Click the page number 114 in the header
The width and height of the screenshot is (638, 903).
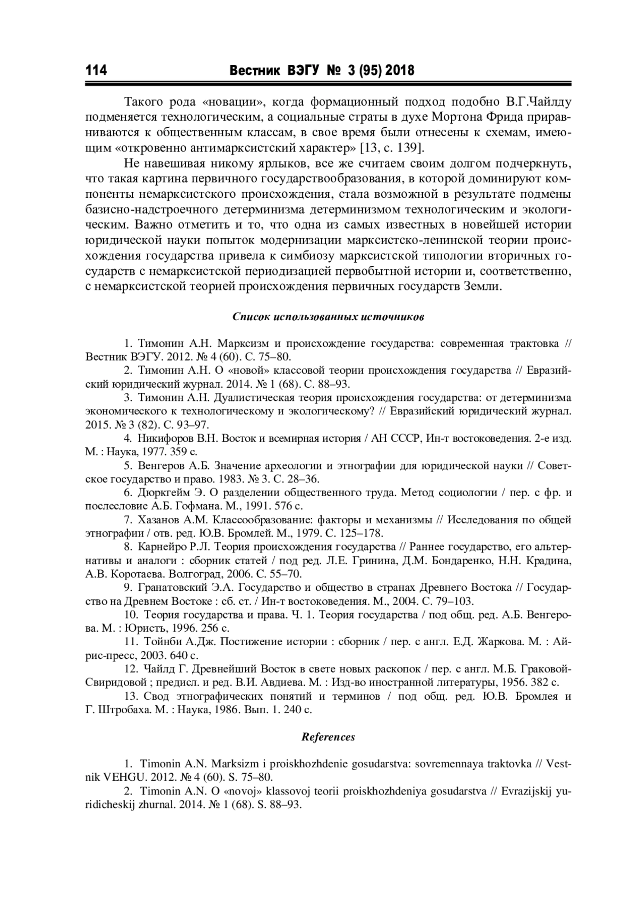coord(96,71)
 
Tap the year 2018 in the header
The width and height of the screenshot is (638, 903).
coord(399,71)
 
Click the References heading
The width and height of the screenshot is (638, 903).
coord(328,737)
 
